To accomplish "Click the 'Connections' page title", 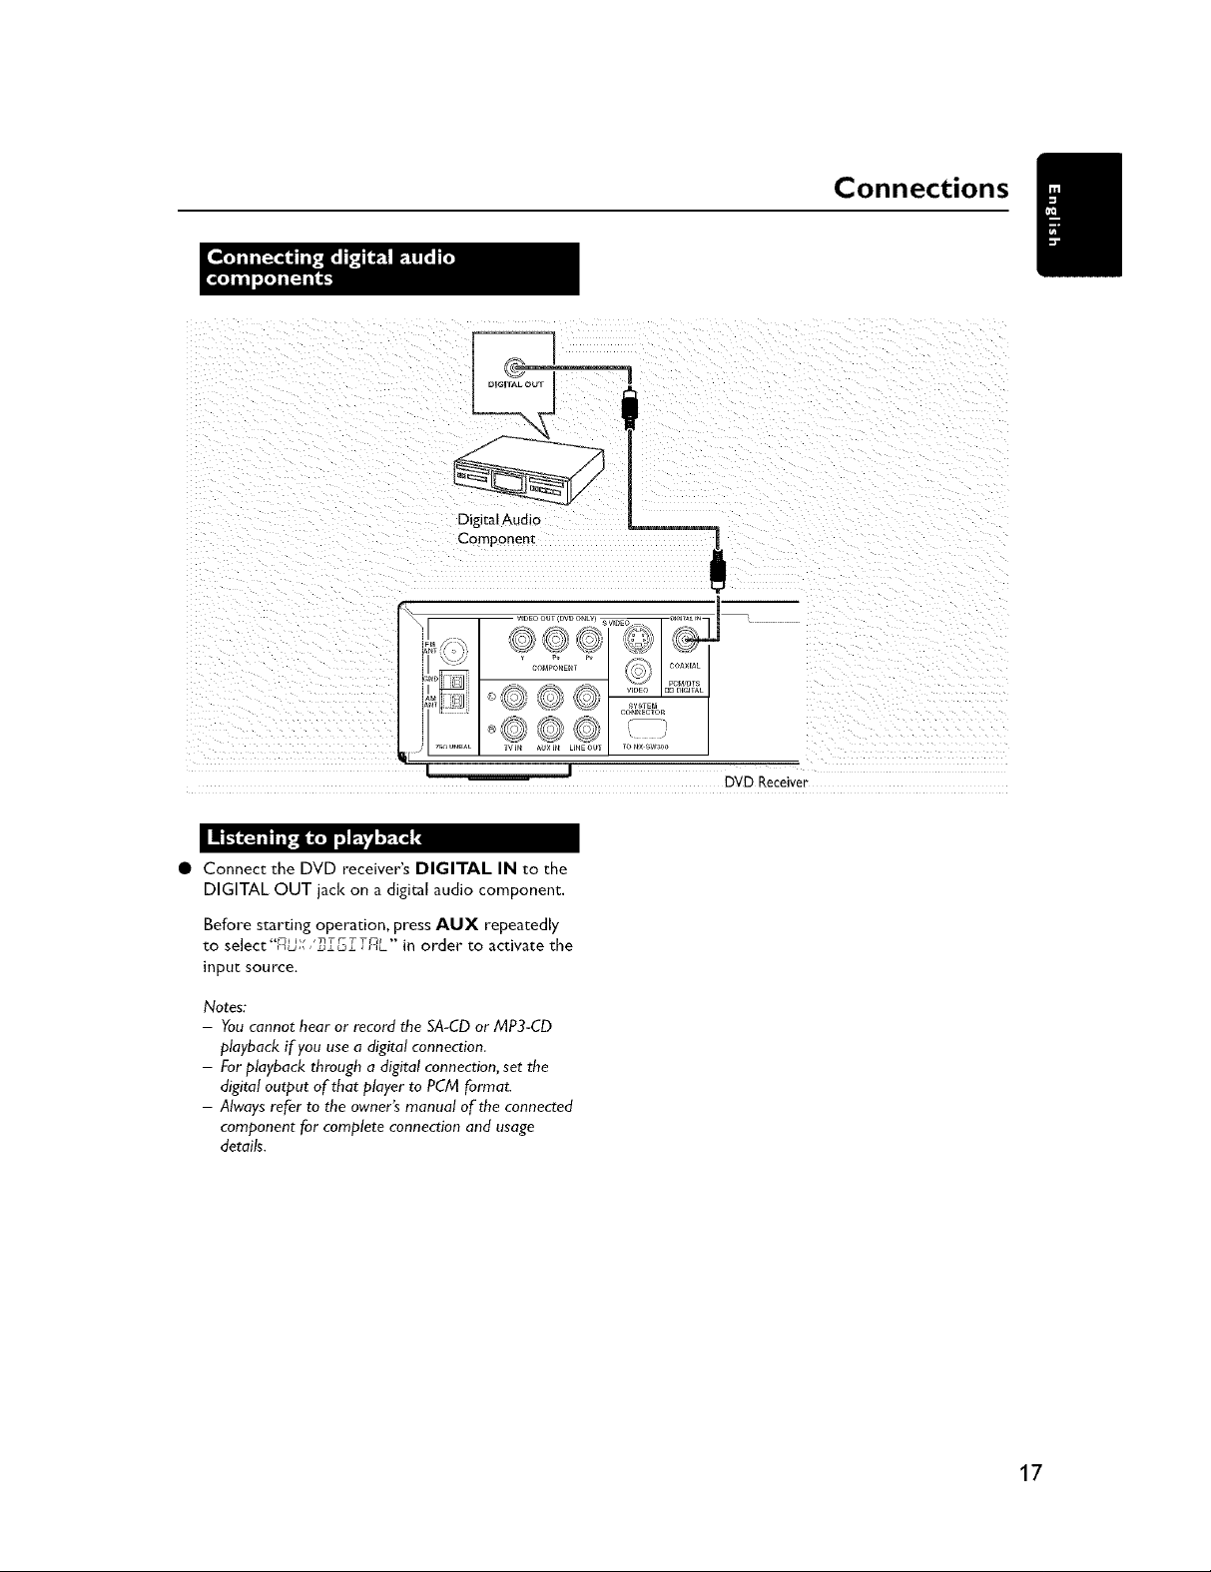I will tap(920, 188).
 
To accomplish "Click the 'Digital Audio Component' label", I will tap(498, 530).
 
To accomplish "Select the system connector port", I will tap(648, 728).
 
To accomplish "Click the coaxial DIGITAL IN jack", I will tap(685, 636).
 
